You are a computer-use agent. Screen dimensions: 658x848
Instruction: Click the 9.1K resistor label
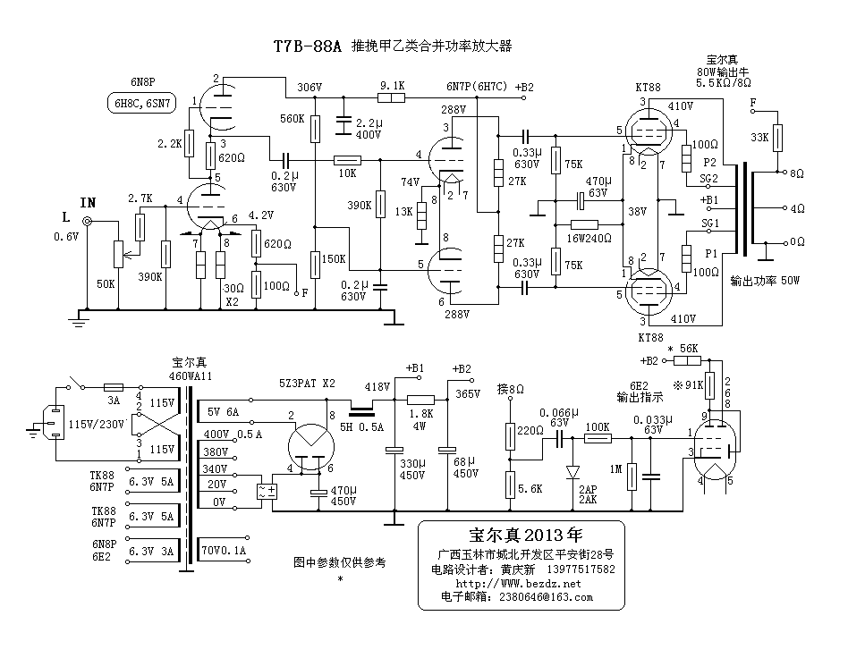tap(392, 86)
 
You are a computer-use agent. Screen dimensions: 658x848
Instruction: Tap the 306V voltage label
tap(309, 88)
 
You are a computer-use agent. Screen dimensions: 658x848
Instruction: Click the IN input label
tap(88, 202)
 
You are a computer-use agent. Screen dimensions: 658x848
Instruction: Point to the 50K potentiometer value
tap(106, 283)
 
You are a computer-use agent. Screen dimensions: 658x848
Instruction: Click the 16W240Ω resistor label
tap(589, 239)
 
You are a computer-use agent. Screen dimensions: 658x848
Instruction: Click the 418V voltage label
tap(377, 386)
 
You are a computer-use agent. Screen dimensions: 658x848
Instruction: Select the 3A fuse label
tap(114, 401)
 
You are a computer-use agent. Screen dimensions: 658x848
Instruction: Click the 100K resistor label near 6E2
tap(596, 426)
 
